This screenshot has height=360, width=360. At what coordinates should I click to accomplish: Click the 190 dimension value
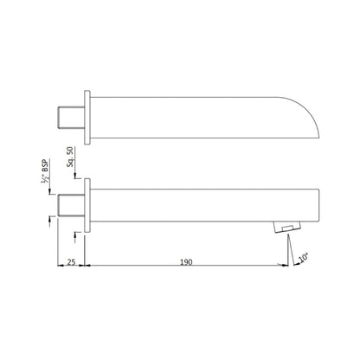coord(186,262)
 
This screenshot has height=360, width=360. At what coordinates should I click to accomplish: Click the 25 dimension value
coord(71,262)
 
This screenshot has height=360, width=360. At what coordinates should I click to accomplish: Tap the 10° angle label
coord(303,257)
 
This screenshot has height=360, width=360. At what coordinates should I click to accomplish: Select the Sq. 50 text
coord(70,157)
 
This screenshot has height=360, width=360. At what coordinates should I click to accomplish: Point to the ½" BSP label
coord(45,171)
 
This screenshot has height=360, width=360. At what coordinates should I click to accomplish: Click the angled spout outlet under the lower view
coord(287,227)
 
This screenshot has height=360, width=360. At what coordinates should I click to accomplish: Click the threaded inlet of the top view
coord(72,118)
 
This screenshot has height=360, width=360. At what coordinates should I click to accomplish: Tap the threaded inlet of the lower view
coord(72,205)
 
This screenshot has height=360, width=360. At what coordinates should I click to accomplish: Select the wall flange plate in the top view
coord(87,118)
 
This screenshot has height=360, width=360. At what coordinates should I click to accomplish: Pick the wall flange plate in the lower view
coord(87,205)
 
